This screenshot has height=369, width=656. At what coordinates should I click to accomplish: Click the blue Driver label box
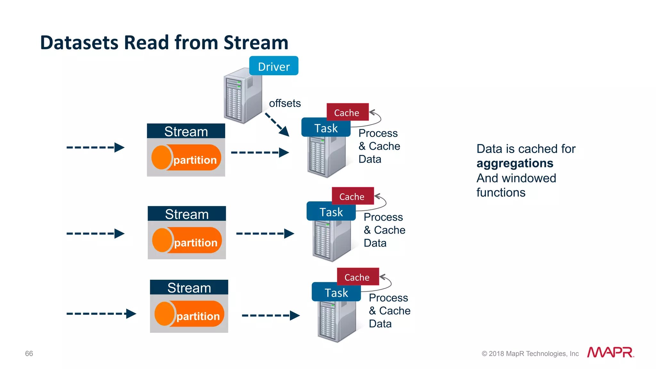pyautogui.click(x=274, y=66)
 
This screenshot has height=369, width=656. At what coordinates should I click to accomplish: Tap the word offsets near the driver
pyautogui.click(x=285, y=103)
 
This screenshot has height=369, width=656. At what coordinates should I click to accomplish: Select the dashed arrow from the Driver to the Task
pyautogui.click(x=277, y=124)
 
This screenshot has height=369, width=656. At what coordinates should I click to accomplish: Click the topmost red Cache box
pyautogui.click(x=347, y=112)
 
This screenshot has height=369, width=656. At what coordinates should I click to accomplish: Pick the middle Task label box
pyautogui.click(x=331, y=212)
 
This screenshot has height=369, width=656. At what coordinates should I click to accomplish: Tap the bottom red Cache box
pyautogui.click(x=357, y=277)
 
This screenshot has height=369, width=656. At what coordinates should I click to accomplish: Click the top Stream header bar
pyautogui.click(x=186, y=131)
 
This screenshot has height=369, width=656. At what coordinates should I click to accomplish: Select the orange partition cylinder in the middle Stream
pyautogui.click(x=187, y=240)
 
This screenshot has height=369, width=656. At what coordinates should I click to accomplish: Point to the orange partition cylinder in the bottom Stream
pyautogui.click(x=189, y=314)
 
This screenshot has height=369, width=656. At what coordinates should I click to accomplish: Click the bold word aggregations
pyautogui.click(x=514, y=163)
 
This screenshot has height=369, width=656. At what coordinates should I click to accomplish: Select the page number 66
pyautogui.click(x=29, y=353)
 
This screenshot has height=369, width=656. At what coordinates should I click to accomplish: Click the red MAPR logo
pyautogui.click(x=610, y=352)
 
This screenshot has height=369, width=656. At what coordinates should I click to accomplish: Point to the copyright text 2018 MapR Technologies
pyautogui.click(x=530, y=354)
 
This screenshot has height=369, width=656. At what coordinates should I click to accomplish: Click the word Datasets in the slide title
pyautogui.click(x=79, y=43)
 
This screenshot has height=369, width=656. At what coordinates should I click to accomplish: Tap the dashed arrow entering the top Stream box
pyautogui.click(x=95, y=148)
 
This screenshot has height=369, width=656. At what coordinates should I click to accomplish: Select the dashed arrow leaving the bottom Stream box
pyautogui.click(x=270, y=315)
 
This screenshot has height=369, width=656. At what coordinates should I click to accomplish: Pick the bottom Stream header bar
pyautogui.click(x=189, y=287)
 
